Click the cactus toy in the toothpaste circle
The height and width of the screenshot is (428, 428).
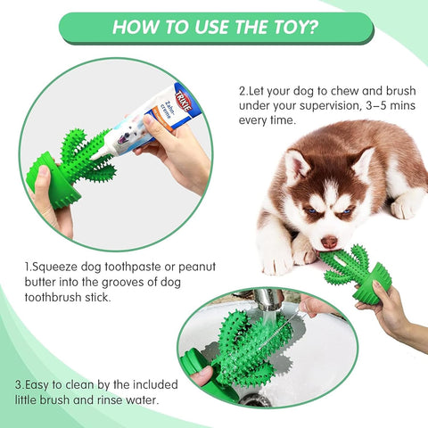[x=76, y=165]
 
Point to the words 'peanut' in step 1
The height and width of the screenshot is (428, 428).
[x=193, y=267]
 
